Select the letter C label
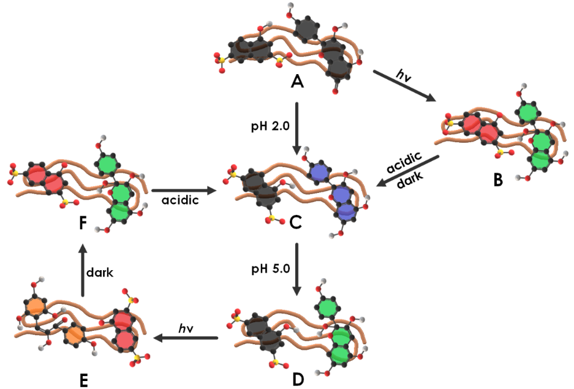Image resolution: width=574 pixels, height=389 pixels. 296,224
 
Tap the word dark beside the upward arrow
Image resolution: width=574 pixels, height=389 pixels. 100,273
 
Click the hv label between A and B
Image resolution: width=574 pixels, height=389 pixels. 404,75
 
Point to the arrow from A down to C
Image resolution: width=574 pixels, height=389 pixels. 296,129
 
